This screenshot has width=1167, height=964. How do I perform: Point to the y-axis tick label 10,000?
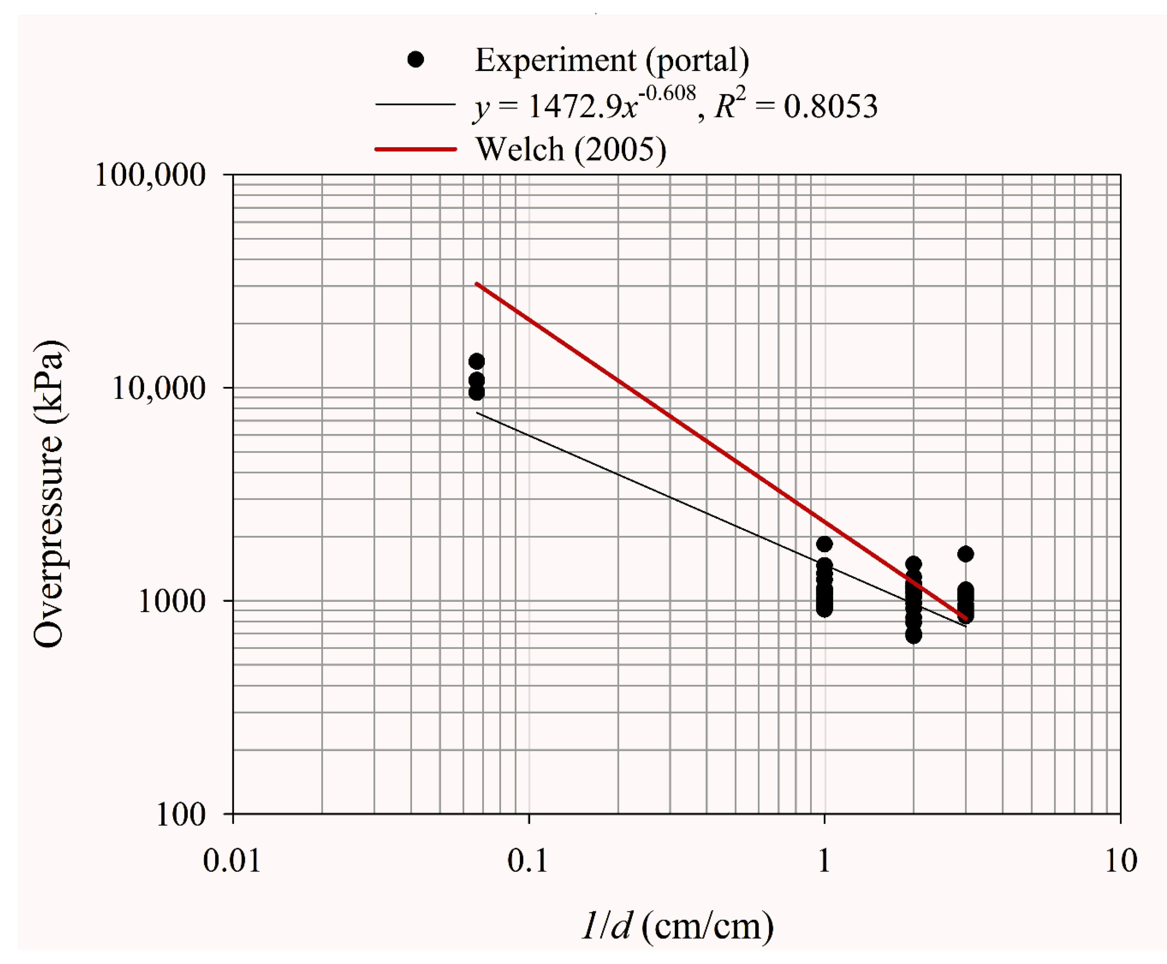(159, 388)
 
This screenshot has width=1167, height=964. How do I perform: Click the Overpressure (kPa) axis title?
(49, 494)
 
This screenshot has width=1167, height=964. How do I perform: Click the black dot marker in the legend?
(415, 59)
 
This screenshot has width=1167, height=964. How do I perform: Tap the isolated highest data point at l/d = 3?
(966, 554)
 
